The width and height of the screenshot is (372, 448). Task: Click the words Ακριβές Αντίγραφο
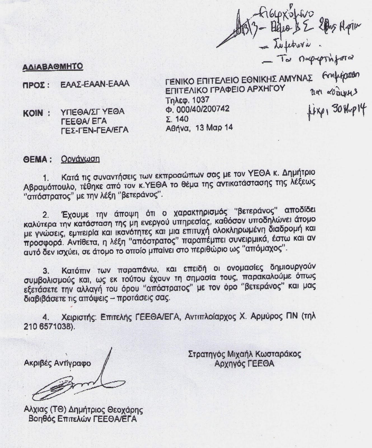pos(57,363)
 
